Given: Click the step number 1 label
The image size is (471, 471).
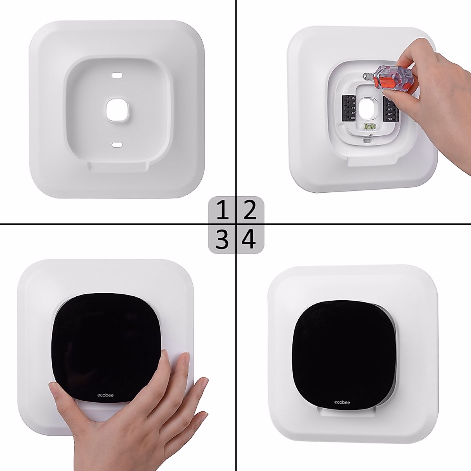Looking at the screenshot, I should [222, 210].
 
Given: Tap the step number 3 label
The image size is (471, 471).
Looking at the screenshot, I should [222, 239].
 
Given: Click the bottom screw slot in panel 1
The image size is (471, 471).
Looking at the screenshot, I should [117, 145].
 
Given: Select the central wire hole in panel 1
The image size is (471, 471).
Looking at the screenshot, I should [117, 110].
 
